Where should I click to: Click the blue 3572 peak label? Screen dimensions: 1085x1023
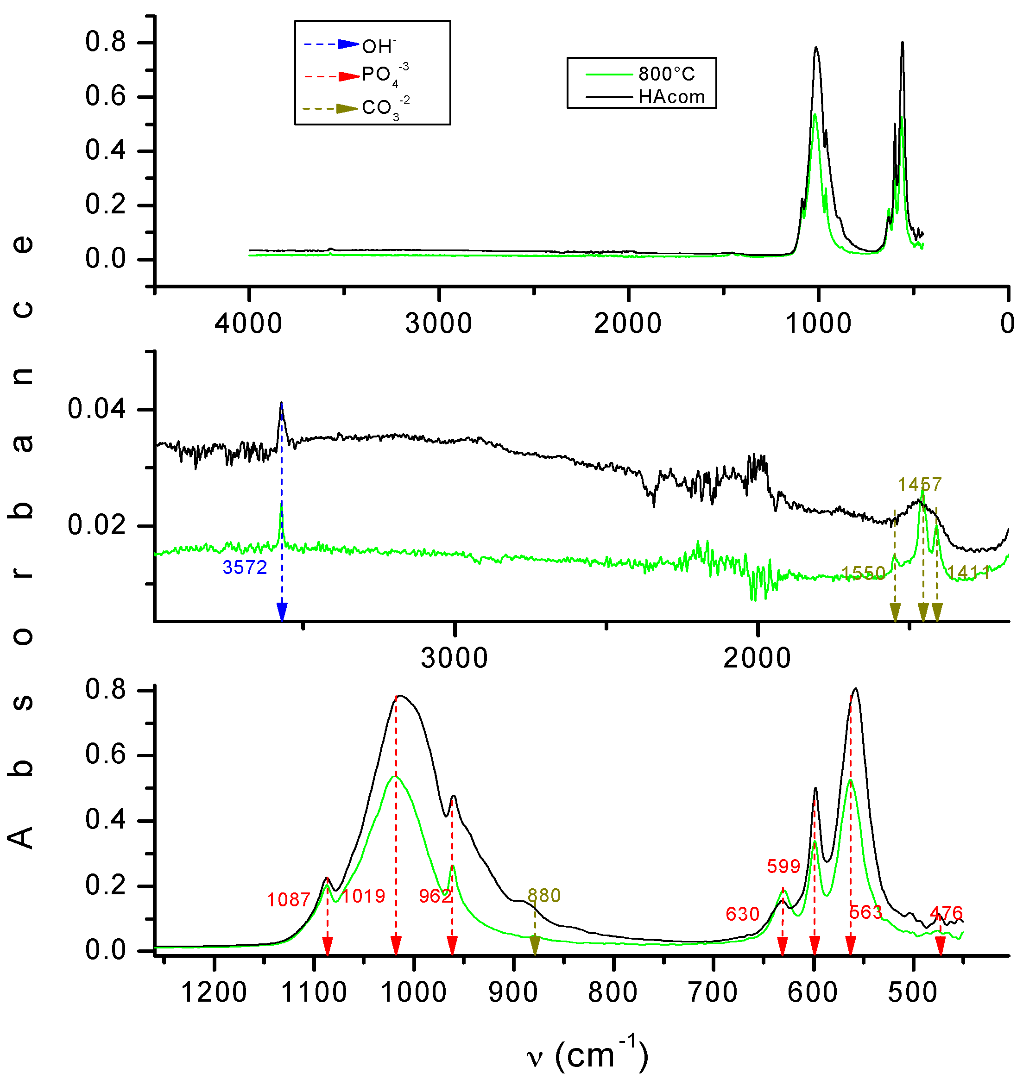[x=244, y=567]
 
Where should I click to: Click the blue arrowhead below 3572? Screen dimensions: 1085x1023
[x=282, y=612]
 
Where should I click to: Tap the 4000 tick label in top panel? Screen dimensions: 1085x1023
[x=248, y=324]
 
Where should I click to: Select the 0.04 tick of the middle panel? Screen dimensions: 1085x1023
[x=97, y=409]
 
